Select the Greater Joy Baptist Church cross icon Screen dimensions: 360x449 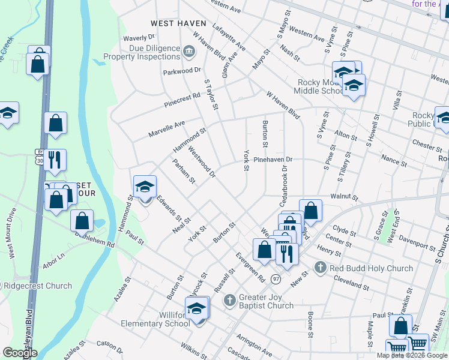click(x=229, y=300)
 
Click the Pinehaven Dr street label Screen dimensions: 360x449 click(x=273, y=160)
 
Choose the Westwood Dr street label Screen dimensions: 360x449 click(x=202, y=162)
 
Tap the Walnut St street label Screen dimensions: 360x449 click(x=344, y=197)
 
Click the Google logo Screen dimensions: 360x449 click(x=20, y=353)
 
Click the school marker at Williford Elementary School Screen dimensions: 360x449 click(x=196, y=310)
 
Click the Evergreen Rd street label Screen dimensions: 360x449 click(x=250, y=268)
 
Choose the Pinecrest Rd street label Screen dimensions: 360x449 click(x=182, y=100)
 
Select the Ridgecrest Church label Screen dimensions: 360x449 click(x=38, y=286)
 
